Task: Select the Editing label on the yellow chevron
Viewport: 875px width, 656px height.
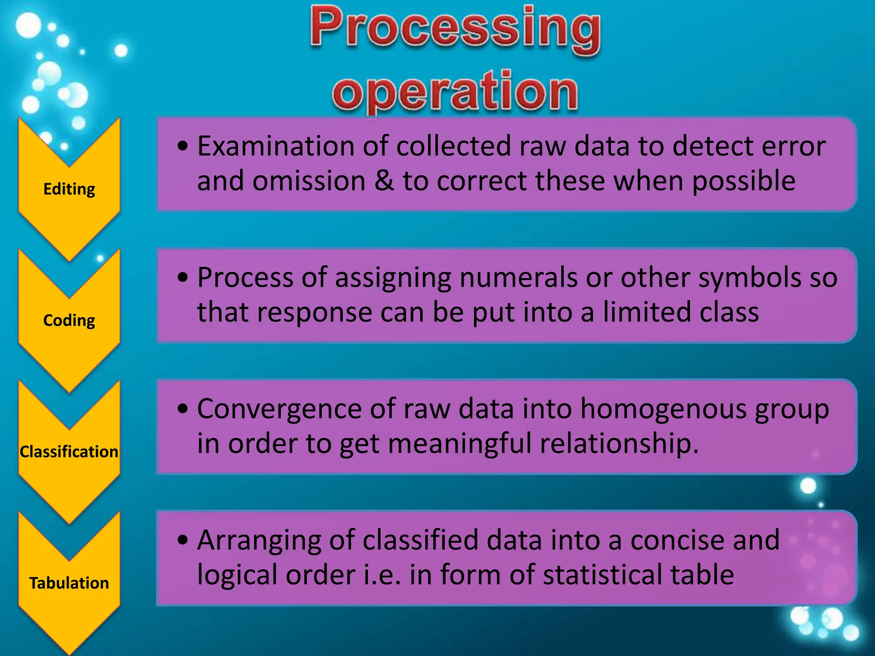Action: [x=69, y=189]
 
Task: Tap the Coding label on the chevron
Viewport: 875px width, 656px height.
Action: [x=69, y=320]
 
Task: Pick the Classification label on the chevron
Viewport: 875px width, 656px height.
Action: [x=69, y=452]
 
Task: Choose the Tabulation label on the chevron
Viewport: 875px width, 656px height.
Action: [x=69, y=583]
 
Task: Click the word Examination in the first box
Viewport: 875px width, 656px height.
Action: [x=276, y=146]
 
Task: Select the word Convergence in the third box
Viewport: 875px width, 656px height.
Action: [x=279, y=409]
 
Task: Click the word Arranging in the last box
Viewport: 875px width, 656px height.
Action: [x=259, y=541]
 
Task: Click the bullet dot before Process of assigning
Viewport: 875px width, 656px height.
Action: [x=183, y=278]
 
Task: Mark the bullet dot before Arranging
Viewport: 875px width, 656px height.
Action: [x=183, y=541]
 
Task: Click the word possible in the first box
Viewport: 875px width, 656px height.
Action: [x=743, y=181]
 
